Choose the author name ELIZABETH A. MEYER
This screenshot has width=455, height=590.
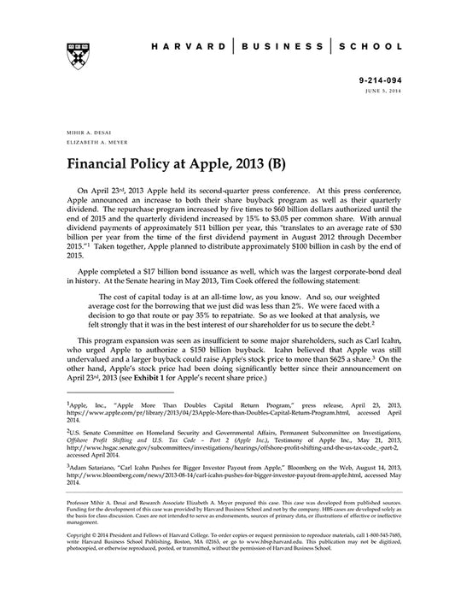[92, 144]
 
